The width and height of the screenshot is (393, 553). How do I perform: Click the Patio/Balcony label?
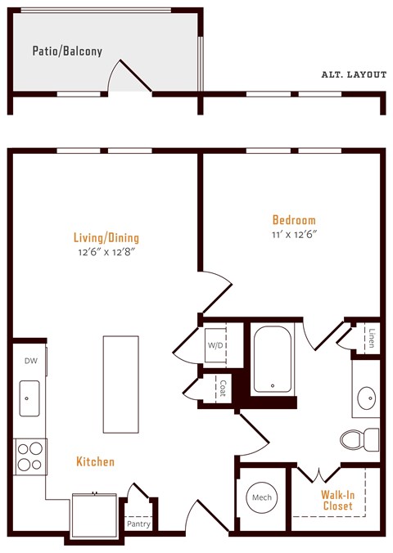pyautogui.click(x=67, y=51)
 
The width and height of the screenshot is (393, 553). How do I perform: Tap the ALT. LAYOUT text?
pyautogui.click(x=354, y=74)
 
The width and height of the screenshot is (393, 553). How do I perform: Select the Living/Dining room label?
pyautogui.click(x=106, y=238)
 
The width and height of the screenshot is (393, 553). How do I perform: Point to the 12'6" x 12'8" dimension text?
pyautogui.click(x=106, y=253)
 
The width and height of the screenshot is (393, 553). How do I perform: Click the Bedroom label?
pyautogui.click(x=294, y=220)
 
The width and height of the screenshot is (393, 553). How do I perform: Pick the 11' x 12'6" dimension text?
pyautogui.click(x=294, y=234)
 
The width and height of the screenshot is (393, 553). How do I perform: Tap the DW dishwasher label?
pyautogui.click(x=29, y=361)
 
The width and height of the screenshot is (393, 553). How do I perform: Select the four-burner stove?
pyautogui.click(x=29, y=456)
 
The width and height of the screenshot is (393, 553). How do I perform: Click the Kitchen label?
pyautogui.click(x=96, y=462)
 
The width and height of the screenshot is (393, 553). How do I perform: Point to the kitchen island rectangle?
pyautogui.click(x=120, y=384)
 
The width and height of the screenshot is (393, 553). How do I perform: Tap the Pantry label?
pyautogui.click(x=138, y=524)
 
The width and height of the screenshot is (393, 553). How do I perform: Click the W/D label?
pyautogui.click(x=215, y=345)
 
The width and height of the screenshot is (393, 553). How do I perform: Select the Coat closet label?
pyautogui.click(x=223, y=386)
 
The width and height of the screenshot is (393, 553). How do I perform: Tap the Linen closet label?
pyautogui.click(x=371, y=338)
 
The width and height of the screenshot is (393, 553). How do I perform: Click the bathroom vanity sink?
pyautogui.click(x=366, y=399)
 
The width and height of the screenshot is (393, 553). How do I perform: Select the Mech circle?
pyautogui.click(x=261, y=498)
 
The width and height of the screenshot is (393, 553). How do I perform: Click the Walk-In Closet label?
pyautogui.click(x=337, y=500)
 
